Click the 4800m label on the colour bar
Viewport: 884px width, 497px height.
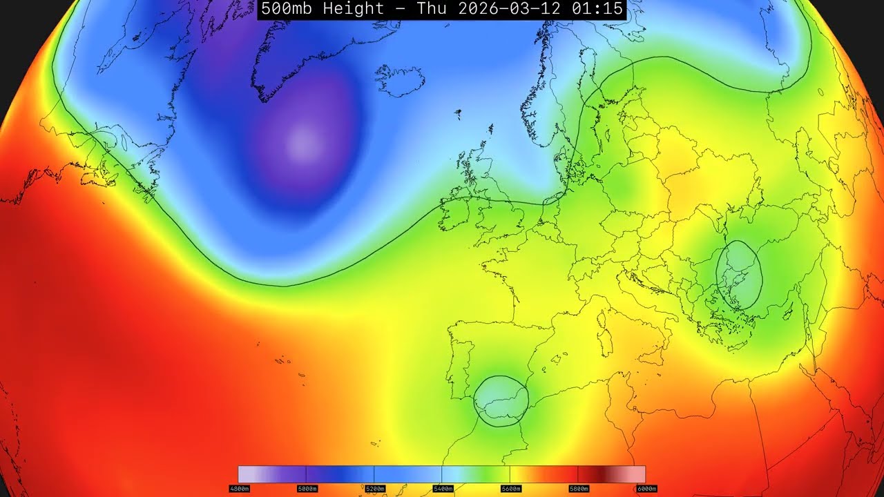[x=239, y=489]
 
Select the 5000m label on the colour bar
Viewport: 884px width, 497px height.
[x=307, y=489]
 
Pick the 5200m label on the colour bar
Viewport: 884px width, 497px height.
[x=374, y=489]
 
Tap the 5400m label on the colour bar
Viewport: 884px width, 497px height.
[x=442, y=489]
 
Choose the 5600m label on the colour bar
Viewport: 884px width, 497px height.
[x=510, y=489]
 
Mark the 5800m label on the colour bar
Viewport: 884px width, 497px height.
[x=577, y=489]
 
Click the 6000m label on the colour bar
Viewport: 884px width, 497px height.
[x=645, y=489]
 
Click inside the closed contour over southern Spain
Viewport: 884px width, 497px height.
[x=501, y=401]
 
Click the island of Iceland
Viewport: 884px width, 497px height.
[x=401, y=81]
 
